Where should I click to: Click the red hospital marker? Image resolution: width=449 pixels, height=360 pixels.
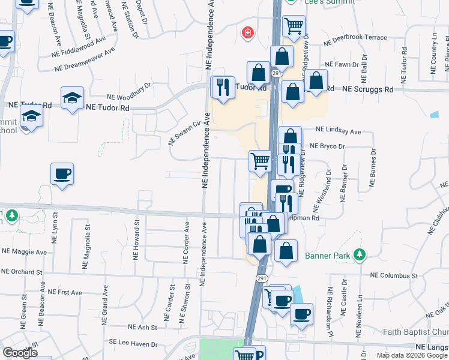247,32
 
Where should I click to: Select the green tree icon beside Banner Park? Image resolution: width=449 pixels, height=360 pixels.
359,256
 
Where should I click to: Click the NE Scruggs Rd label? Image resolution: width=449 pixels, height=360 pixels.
367,89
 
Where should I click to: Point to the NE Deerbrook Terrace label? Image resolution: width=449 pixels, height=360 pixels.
355,40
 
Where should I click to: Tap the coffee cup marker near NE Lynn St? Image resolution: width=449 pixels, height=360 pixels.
62,175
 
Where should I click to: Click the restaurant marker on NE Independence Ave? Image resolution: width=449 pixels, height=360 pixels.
223,88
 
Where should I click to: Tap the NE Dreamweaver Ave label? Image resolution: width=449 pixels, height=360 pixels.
84,61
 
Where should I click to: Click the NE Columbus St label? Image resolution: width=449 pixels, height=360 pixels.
394,275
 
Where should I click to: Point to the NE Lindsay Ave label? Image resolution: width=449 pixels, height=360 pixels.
339,131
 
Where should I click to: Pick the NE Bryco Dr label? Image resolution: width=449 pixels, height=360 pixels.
327,146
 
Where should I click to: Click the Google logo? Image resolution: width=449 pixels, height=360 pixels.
20,352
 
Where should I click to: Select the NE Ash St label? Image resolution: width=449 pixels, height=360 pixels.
142,328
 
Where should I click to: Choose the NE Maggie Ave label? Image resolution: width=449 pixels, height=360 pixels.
24,252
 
